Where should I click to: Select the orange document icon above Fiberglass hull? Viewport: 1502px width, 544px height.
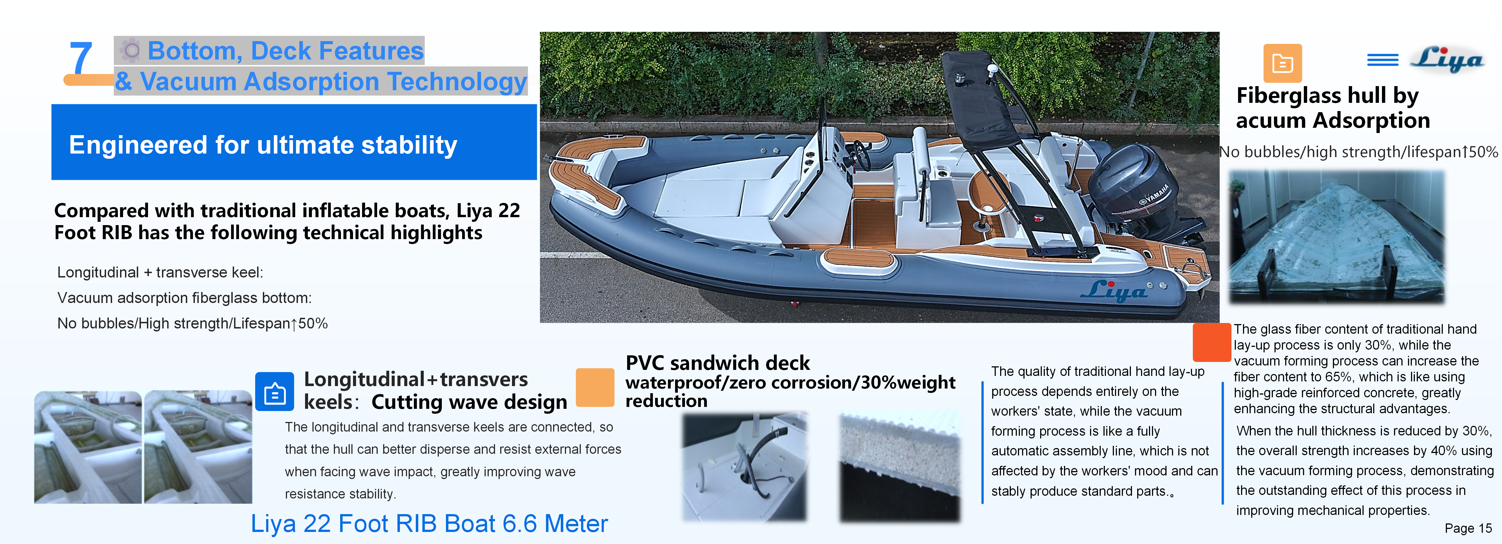pos(1282,63)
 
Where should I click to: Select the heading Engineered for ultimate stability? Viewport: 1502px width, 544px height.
pos(263,144)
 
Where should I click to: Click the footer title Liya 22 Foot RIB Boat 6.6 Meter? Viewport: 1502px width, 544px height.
pos(429,524)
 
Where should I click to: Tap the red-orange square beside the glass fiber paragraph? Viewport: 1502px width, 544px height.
pos(1211,342)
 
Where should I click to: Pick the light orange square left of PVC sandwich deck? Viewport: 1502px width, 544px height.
pos(595,387)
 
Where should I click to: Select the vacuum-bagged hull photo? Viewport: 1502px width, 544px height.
pos(1336,236)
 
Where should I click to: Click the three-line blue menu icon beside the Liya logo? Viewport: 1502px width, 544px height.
pos(1382,59)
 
